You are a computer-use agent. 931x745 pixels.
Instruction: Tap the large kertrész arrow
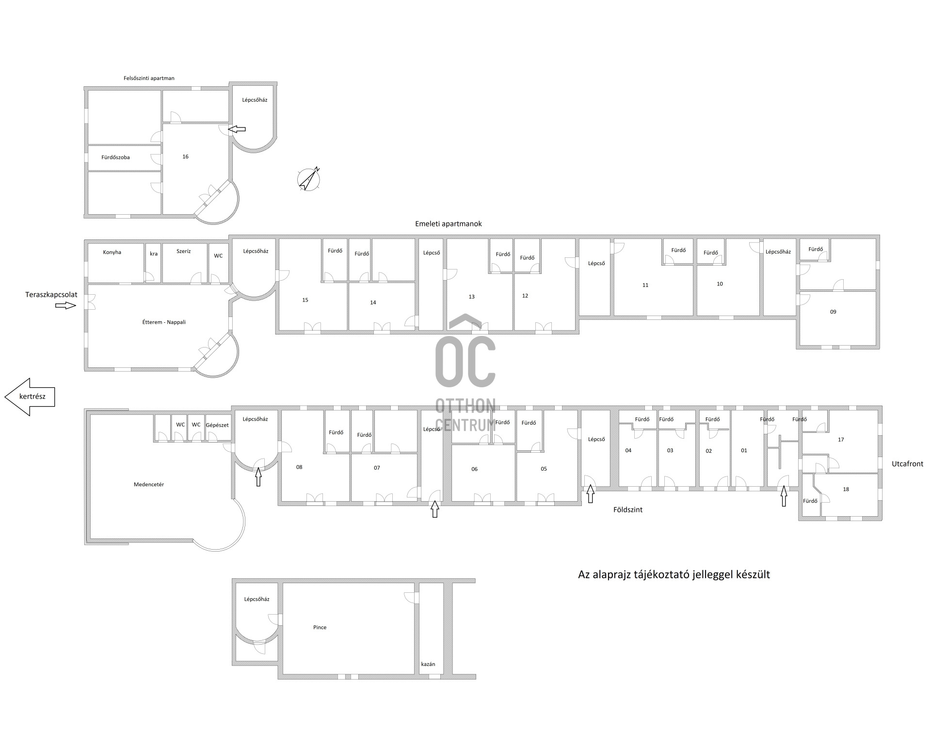coord(30,396)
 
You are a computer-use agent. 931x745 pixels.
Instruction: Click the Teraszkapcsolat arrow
coord(65,305)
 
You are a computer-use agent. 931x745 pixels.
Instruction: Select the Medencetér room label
coord(149,484)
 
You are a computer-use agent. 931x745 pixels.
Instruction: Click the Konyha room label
coord(112,252)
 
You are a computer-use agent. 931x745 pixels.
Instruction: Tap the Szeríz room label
coord(184,251)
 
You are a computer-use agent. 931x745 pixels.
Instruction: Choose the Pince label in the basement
coord(320,627)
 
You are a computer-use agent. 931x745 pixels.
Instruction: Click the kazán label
coord(428,664)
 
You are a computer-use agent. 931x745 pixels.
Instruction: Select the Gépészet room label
coord(217,425)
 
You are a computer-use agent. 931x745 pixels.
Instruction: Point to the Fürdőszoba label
coord(115,157)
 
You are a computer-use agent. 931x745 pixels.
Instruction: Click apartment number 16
coord(185,157)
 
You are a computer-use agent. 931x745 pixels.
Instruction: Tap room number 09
coord(833,312)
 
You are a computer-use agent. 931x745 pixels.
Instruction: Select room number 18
coord(846,489)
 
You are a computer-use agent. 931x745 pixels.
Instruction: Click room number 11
coord(645,285)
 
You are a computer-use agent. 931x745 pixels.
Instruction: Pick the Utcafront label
coord(908,464)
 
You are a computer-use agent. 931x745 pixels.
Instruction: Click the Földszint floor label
coord(628,510)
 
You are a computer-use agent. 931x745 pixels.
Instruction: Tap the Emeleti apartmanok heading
coord(449,224)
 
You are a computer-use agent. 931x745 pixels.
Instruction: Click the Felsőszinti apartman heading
coord(149,78)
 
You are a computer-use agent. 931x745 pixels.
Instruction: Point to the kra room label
coord(154,254)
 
